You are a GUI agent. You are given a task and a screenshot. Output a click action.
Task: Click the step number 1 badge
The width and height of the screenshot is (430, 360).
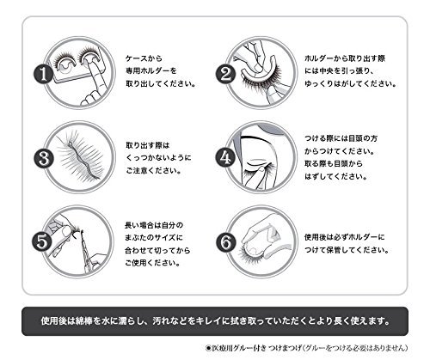pyautogui.click(x=44, y=74)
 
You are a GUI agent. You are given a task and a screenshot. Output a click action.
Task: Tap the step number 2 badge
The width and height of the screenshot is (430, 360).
pyautogui.click(x=225, y=74)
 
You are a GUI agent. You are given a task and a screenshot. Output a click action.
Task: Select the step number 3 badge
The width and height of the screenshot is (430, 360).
pyautogui.click(x=44, y=158)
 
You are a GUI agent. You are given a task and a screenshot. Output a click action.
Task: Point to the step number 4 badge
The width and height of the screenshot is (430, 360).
pyautogui.click(x=225, y=157)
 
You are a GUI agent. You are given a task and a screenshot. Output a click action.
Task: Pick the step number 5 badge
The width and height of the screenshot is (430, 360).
pyautogui.click(x=42, y=242)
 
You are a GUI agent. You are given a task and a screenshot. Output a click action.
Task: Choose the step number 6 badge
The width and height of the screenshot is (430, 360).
pyautogui.click(x=225, y=242)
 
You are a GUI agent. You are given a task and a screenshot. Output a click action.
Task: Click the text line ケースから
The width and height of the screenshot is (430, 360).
pyautogui.click(x=144, y=58)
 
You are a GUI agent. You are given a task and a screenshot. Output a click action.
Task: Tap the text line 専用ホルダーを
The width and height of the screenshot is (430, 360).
pyautogui.click(x=151, y=70)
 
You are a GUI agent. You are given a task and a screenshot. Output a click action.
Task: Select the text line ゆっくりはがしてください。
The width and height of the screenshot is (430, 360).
pyautogui.click(x=350, y=83)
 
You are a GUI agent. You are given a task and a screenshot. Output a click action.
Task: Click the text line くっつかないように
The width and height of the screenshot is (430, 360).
pyautogui.click(x=158, y=158)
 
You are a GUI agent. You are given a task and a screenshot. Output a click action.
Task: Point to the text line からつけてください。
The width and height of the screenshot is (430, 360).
pyautogui.click(x=340, y=151)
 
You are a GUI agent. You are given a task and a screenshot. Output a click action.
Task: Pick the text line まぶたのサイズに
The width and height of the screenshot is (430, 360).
pyautogui.click(x=154, y=238)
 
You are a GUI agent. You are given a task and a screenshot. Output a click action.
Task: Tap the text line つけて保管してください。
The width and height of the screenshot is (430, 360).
pyautogui.click(x=347, y=250)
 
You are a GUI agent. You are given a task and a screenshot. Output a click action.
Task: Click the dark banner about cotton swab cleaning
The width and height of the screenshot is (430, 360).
pyautogui.click(x=215, y=321)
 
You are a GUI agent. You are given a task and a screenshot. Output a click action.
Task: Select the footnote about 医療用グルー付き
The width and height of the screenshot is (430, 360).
pyautogui.click(x=306, y=348)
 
